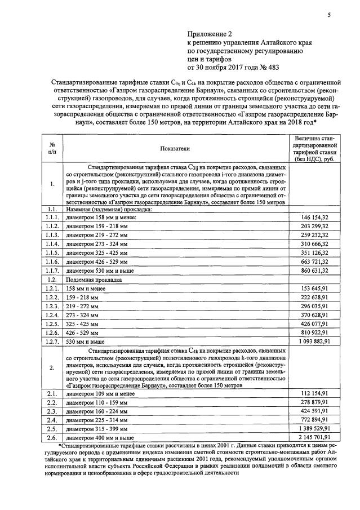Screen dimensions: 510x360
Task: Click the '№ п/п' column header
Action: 52,148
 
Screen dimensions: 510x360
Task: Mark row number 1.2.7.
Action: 52,342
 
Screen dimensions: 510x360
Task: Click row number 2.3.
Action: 52,411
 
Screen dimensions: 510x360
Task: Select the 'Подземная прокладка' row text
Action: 94,279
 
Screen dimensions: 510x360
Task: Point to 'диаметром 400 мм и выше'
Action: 100,437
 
